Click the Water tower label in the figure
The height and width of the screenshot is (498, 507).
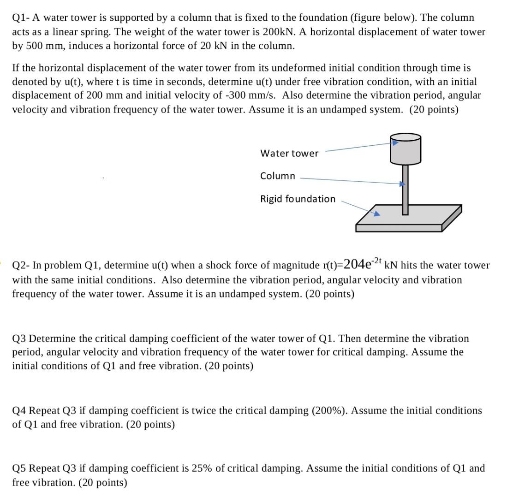[289, 153]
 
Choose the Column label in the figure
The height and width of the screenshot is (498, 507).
[277, 176]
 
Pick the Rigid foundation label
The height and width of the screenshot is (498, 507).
[298, 199]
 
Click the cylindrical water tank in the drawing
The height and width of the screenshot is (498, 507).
[406, 149]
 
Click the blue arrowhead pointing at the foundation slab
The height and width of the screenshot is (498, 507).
[376, 213]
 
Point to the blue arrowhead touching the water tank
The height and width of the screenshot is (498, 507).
[395, 143]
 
